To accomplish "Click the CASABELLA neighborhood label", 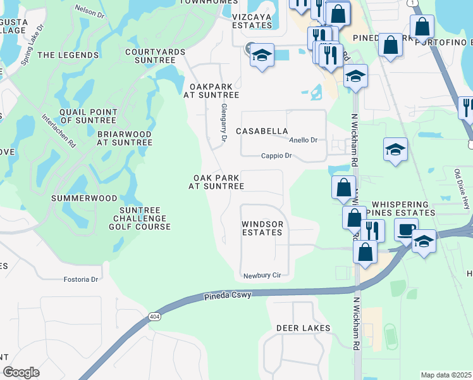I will click(x=262, y=131).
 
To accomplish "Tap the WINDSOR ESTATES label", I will click(x=262, y=229).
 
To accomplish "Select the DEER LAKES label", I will click(x=304, y=328).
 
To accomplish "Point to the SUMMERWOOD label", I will click(x=84, y=198).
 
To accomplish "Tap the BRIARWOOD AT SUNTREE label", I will click(x=125, y=139).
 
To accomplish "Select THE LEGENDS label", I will click(x=68, y=55).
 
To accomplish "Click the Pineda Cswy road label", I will click(x=228, y=296).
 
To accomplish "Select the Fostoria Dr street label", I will click(x=82, y=279).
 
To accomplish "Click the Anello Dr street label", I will click(x=302, y=140).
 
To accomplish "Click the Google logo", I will click(x=21, y=372).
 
